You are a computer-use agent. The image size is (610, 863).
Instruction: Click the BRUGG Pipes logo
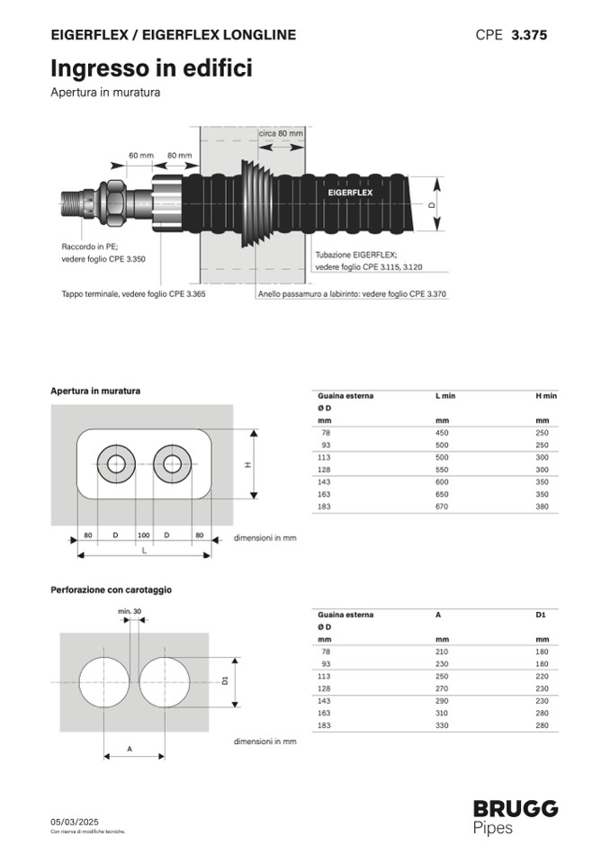pos(516,816)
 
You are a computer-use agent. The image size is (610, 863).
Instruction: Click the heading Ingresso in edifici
pos(150,68)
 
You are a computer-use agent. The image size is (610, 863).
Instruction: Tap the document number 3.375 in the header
pos(529,35)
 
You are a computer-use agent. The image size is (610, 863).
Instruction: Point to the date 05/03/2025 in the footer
pos(74,822)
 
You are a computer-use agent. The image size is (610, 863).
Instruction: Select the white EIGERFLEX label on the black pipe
pos(350,193)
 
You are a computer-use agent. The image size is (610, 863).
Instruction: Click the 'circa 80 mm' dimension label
pos(281,132)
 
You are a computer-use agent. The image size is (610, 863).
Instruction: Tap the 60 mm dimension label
pos(140,155)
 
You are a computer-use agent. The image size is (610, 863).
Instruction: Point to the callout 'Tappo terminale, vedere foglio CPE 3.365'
pos(133,294)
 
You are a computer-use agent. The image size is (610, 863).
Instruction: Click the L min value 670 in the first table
pos(443,507)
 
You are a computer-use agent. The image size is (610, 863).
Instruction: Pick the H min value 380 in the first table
pos(542,507)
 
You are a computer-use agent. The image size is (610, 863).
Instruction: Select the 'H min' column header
pos(546,395)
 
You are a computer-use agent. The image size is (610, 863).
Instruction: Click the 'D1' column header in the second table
pos(541,615)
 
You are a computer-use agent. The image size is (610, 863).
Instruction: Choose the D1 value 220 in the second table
pos(542,675)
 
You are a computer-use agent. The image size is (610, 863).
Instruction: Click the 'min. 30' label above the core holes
pos(130,611)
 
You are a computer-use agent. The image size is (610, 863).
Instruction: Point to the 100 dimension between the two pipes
pos(142,536)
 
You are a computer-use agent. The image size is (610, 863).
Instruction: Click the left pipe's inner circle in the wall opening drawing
pos(117,464)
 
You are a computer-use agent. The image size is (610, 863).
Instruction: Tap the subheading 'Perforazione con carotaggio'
pos(111,590)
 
